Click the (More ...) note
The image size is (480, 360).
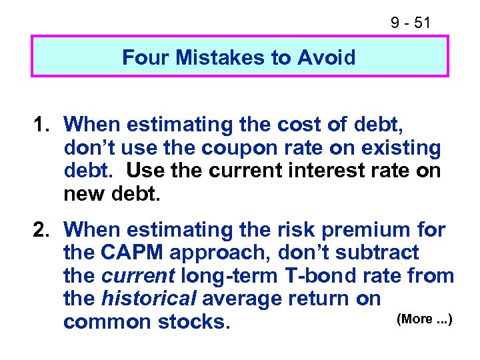(425, 319)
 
